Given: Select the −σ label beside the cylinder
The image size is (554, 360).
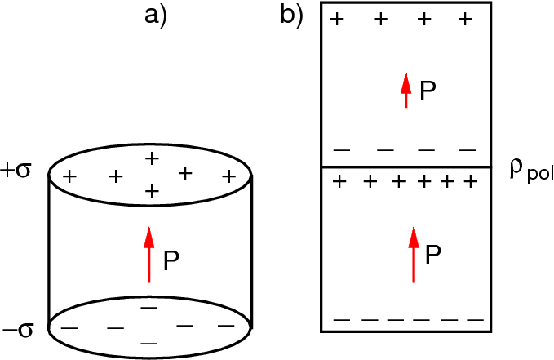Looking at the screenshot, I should click(19, 330).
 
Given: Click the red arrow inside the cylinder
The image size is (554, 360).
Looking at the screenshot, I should click(148, 256).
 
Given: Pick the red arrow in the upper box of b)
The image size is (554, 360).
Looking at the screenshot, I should click(406, 90).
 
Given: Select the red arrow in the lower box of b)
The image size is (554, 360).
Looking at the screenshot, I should click(414, 255).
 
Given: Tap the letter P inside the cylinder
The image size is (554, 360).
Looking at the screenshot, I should click(171, 261).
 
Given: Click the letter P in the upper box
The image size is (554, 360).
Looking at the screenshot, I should click(428, 91).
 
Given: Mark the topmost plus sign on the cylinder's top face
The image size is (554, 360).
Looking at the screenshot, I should click(151, 158).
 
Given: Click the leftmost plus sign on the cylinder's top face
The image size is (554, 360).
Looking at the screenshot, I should click(70, 176).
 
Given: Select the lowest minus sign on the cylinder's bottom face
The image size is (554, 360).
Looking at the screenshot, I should click(148, 341).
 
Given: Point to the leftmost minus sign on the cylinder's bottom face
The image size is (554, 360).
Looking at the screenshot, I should click(70, 328).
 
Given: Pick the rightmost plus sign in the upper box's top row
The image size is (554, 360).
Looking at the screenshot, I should click(465, 18).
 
